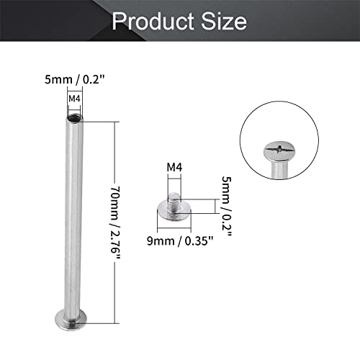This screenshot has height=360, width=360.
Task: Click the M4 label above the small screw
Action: coord(174,168)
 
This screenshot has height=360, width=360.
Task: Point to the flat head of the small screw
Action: coord(173,210)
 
